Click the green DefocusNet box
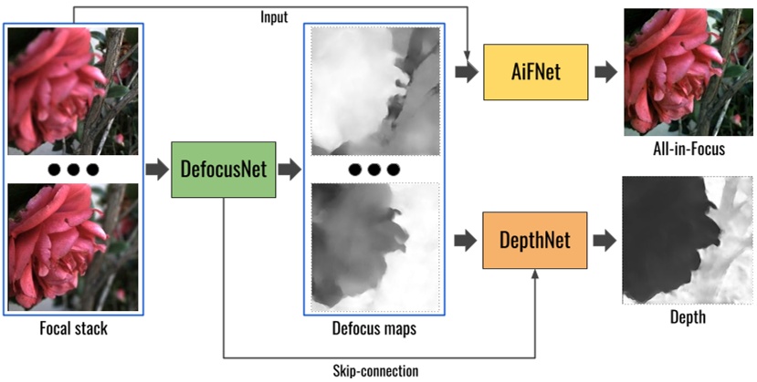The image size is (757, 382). [x=224, y=170]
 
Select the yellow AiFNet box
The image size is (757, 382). [x=534, y=73]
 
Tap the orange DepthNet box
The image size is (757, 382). [x=534, y=240]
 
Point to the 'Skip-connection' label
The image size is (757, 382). [x=374, y=371]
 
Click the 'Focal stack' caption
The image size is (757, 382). [x=73, y=329]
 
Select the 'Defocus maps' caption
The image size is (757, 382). [x=375, y=329]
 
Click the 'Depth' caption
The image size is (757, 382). [x=687, y=318]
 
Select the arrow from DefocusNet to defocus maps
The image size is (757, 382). [x=291, y=170]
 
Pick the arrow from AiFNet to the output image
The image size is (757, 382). [x=604, y=73]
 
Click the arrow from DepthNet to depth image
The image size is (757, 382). [x=604, y=241]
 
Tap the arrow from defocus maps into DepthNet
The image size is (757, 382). [x=466, y=241]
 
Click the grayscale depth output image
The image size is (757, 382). [x=687, y=241]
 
